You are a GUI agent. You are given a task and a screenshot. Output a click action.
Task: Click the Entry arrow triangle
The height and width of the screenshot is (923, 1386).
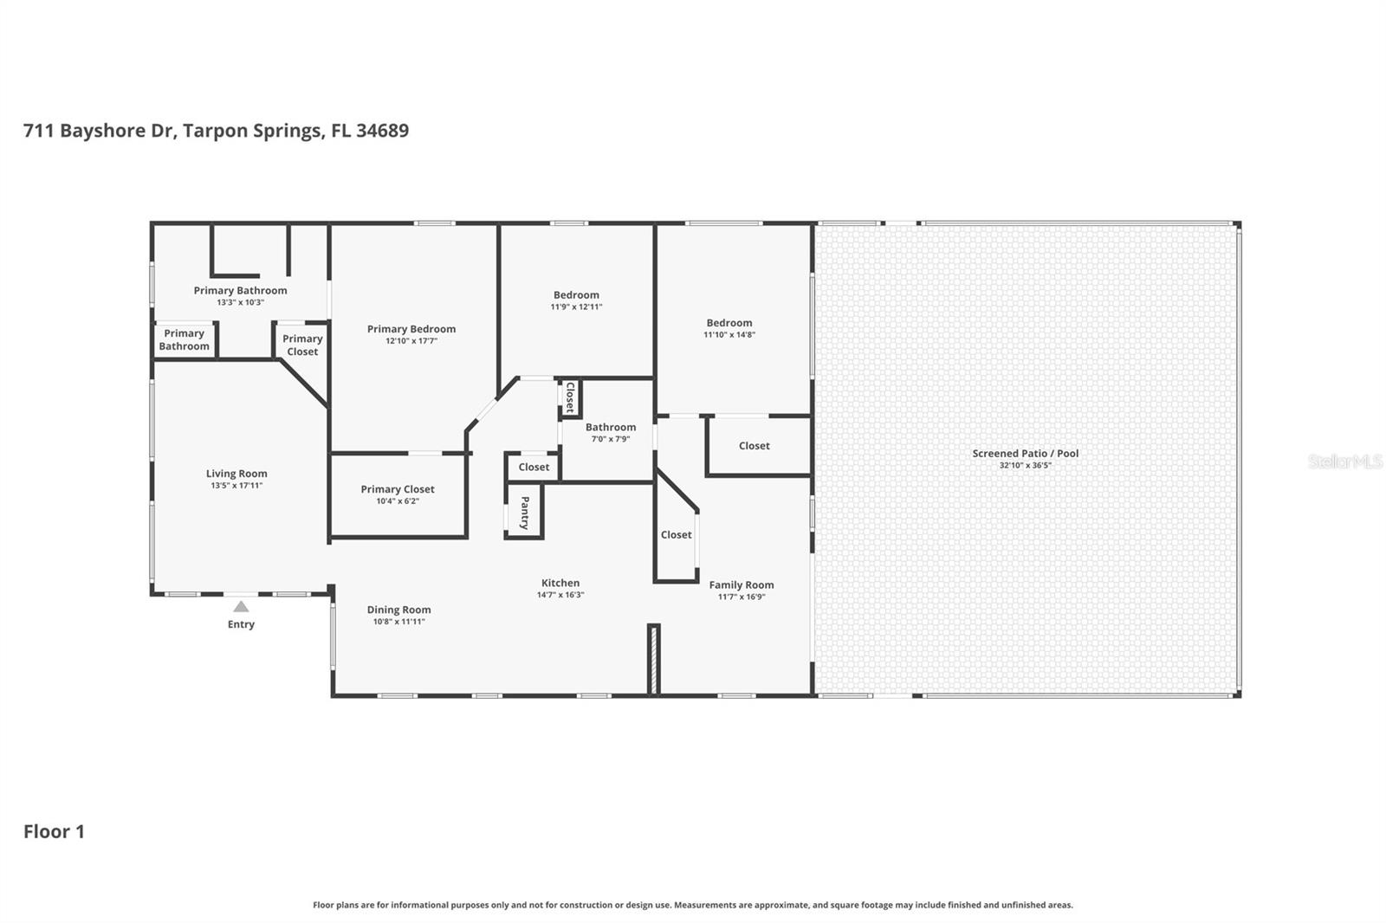(241, 607)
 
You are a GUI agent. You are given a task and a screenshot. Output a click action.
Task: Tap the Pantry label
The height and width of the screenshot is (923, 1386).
(524, 513)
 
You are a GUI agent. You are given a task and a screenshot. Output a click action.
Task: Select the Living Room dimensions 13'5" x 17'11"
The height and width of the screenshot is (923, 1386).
(236, 486)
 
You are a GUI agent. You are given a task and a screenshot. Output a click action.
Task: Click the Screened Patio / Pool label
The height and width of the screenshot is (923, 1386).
(1025, 453)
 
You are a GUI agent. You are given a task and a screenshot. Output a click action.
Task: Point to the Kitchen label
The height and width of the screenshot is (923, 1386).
(560, 583)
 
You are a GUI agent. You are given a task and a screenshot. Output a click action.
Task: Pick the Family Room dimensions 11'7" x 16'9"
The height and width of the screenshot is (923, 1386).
(742, 597)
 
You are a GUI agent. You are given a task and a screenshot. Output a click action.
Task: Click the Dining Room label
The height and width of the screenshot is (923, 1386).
(398, 610)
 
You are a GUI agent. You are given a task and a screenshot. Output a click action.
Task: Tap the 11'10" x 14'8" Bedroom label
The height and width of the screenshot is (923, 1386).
(729, 323)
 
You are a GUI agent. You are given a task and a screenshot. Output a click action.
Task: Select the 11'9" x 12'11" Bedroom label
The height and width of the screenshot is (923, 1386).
(576, 295)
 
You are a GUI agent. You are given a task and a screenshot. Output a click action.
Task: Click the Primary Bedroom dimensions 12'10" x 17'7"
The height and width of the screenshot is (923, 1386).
(411, 341)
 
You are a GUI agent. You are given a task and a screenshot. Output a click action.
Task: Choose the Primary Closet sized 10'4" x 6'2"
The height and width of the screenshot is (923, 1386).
(398, 489)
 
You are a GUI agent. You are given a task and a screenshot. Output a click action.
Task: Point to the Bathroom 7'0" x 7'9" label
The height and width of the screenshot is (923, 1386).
(611, 427)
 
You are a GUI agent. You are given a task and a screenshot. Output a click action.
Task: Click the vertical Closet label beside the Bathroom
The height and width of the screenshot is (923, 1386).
(570, 397)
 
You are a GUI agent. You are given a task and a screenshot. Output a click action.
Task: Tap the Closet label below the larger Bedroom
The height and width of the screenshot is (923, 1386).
(754, 446)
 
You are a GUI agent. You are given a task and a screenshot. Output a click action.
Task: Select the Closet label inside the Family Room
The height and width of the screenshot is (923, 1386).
(676, 535)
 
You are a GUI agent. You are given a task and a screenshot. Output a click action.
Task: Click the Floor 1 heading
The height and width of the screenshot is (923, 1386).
(54, 831)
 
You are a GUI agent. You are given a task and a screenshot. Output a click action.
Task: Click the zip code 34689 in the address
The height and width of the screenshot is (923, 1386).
(382, 131)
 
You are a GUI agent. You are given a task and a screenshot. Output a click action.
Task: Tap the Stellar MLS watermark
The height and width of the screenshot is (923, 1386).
(1344, 461)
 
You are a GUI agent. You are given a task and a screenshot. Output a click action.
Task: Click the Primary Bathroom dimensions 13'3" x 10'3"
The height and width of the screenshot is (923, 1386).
(240, 302)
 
